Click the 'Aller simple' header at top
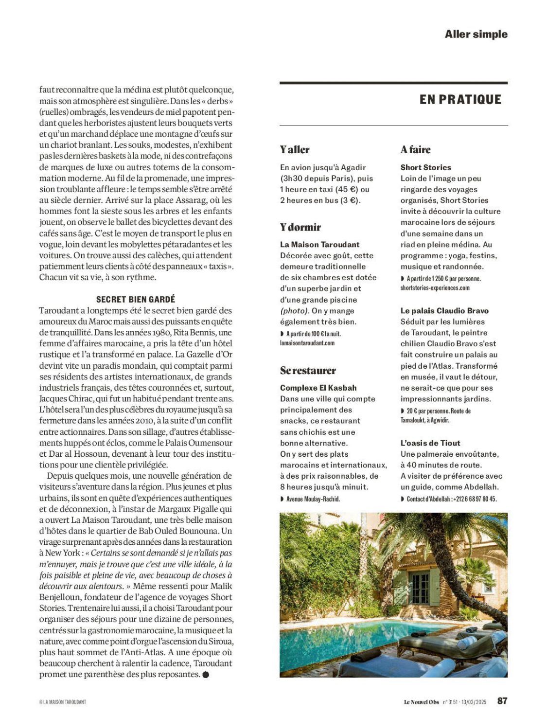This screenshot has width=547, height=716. (x=476, y=34)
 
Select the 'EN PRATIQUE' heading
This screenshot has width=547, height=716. (x=460, y=100)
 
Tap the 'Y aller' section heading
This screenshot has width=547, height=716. (x=295, y=150)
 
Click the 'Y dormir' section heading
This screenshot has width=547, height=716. (x=300, y=227)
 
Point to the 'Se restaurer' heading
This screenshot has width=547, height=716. (x=308, y=371)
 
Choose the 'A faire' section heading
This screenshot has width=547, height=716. (x=415, y=150)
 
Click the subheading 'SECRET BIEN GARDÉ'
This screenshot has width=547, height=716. (x=136, y=299)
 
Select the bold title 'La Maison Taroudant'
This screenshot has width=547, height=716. (x=319, y=245)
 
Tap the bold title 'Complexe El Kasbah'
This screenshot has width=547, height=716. (x=318, y=388)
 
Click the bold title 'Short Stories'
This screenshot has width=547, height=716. (x=425, y=167)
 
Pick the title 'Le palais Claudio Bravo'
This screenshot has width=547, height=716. (x=444, y=311)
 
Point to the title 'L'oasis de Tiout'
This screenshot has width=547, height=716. (x=430, y=443)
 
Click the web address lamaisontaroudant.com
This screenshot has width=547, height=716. (x=307, y=343)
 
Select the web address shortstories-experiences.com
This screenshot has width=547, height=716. (x=435, y=288)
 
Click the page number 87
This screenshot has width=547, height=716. (x=502, y=701)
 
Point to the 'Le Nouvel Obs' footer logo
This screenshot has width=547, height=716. (x=421, y=701)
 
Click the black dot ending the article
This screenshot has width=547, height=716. (x=205, y=675)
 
